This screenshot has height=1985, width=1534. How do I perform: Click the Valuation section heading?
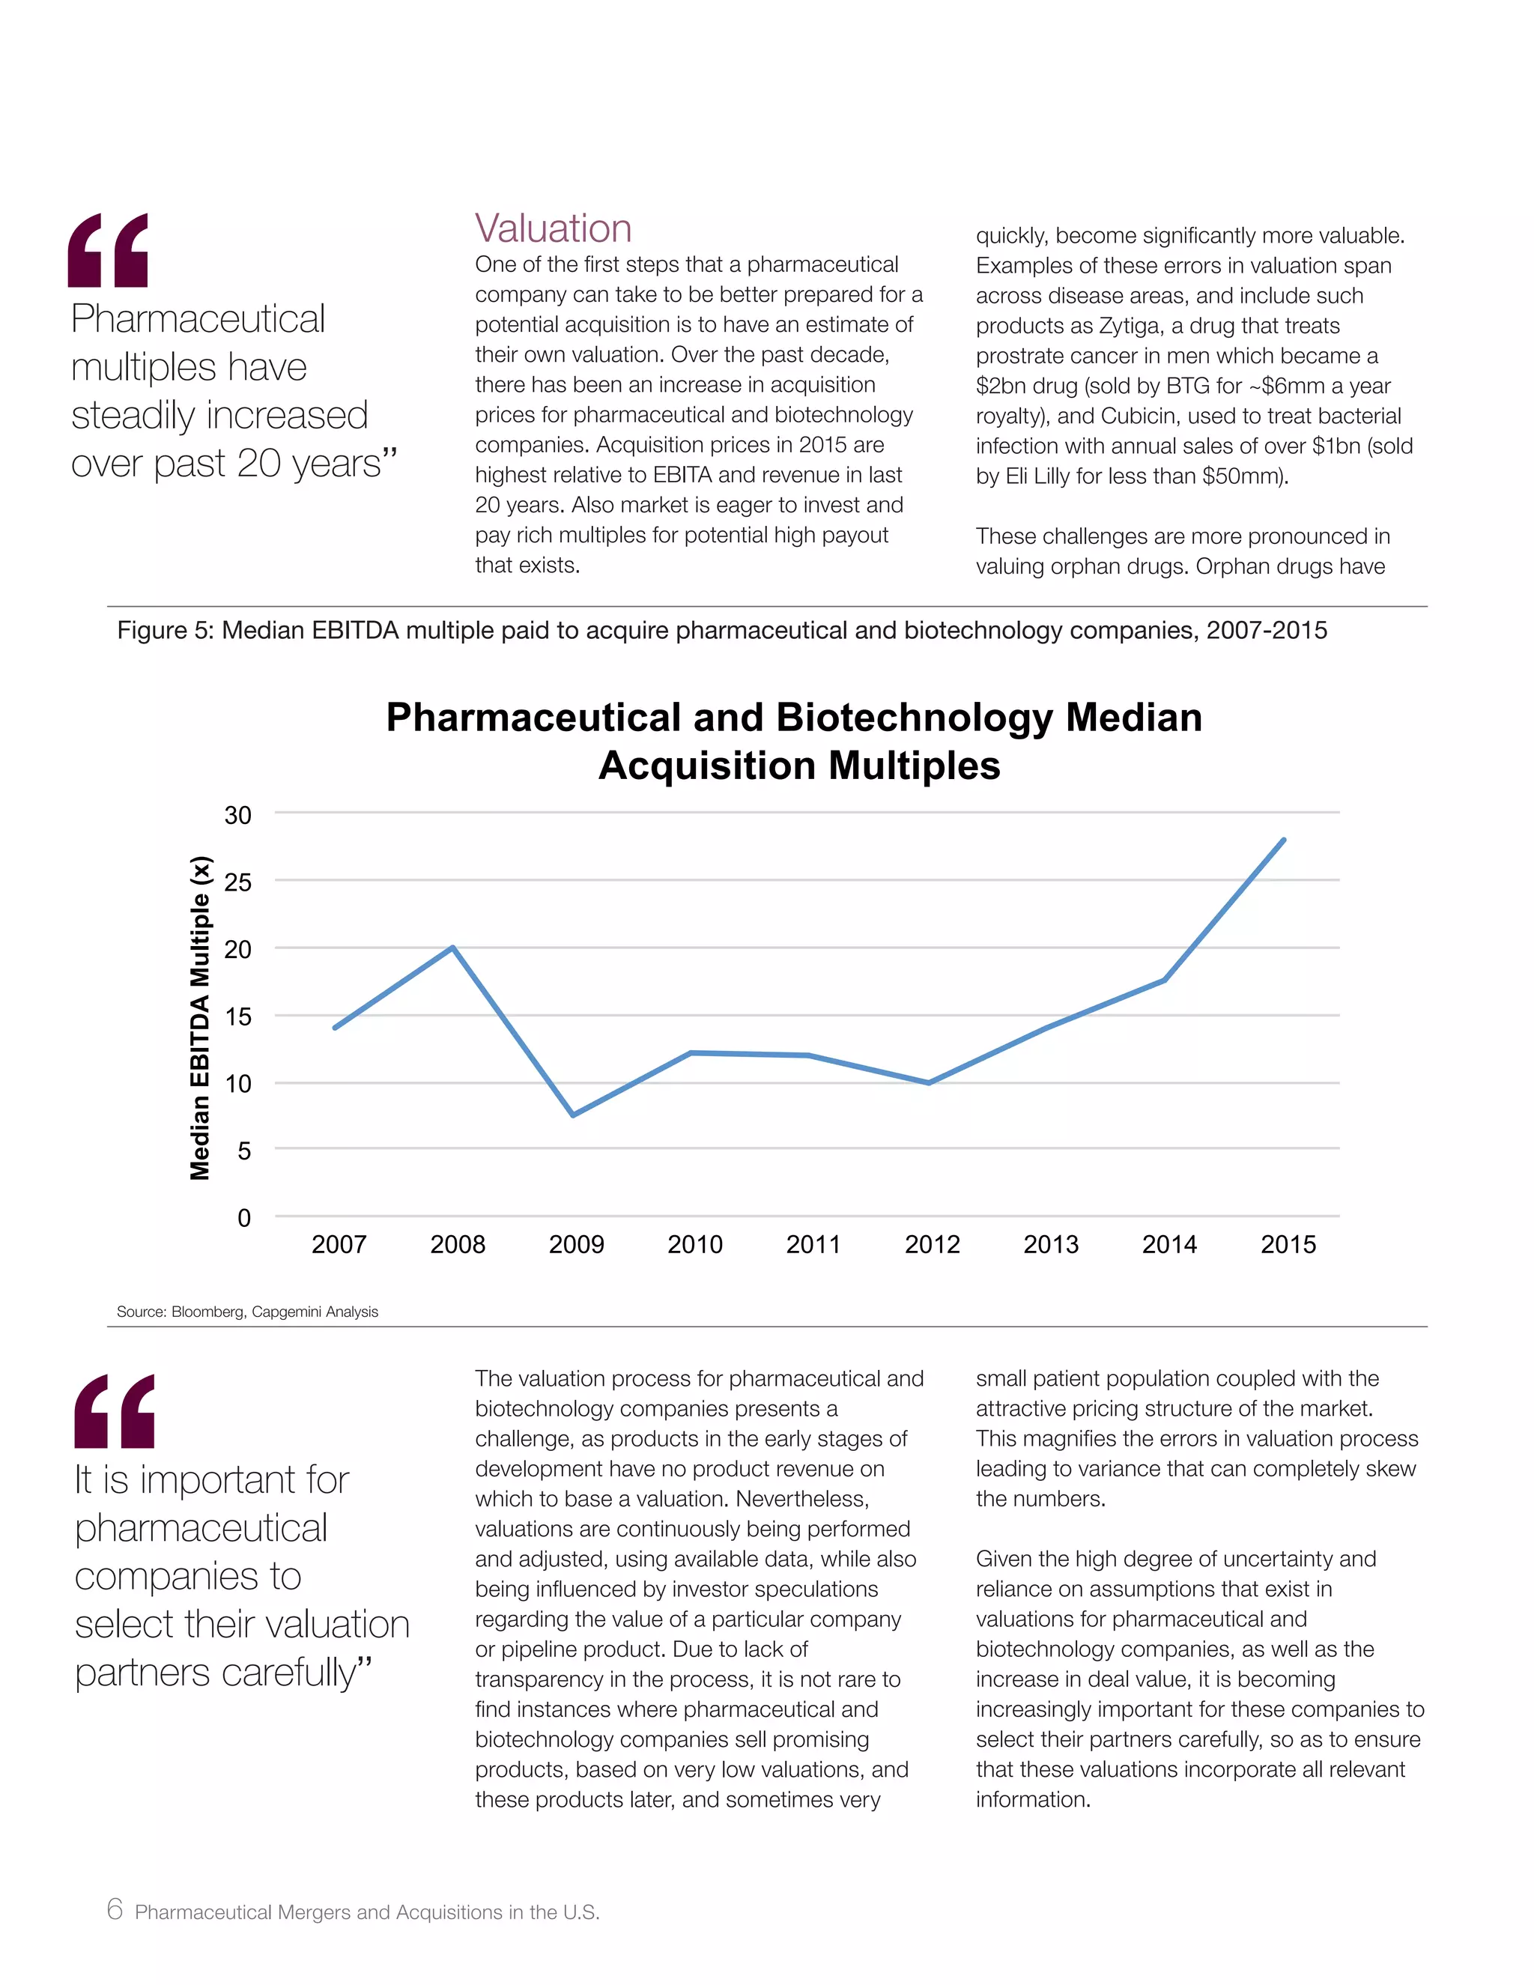coord(553,228)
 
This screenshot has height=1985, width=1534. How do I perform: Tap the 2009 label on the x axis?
coord(576,1244)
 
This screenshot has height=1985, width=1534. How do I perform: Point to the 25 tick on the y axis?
coord(238,882)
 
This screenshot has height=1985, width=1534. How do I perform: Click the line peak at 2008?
coord(452,948)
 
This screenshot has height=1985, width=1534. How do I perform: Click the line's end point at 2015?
coord(1283,840)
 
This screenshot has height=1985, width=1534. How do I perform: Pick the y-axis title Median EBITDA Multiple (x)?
coord(200,1018)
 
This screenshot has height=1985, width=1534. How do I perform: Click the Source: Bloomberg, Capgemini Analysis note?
coord(247,1312)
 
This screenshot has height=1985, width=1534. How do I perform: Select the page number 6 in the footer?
coord(115,1909)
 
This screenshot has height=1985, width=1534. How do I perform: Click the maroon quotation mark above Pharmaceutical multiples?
coord(108,251)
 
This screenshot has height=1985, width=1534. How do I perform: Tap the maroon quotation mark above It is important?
coord(115,1410)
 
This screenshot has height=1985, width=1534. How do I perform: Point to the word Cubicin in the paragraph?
coord(1139,416)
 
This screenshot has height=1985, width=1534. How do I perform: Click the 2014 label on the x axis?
coord(1168,1244)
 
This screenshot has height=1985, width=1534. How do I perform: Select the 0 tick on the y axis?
coord(243,1218)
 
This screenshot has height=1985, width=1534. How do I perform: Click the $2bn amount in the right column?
coord(1001,387)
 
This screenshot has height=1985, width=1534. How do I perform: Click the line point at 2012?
coord(929,1082)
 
